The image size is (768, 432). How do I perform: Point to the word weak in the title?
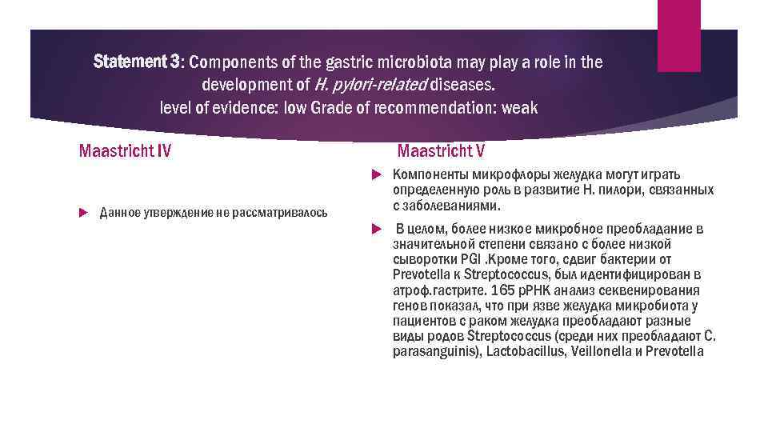pyautogui.click(x=521, y=107)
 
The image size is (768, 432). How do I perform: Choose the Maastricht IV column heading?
pyautogui.click(x=125, y=150)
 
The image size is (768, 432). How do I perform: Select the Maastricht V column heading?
pyautogui.click(x=441, y=150)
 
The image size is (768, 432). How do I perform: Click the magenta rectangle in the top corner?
pyautogui.click(x=678, y=35)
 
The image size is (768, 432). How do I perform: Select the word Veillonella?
pyautogui.click(x=596, y=351)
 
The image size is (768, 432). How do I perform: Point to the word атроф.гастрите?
pyautogui.click(x=431, y=290)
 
